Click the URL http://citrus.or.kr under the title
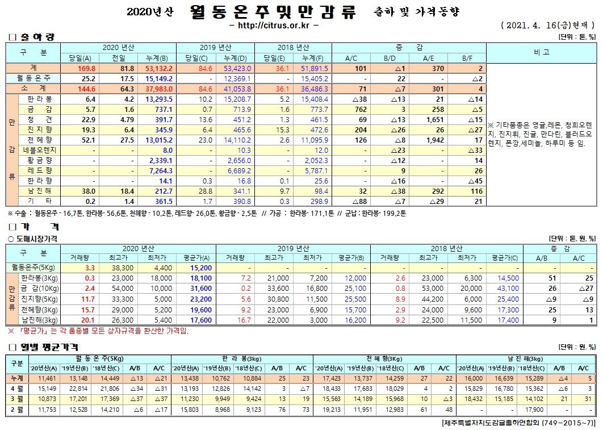[274, 26]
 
